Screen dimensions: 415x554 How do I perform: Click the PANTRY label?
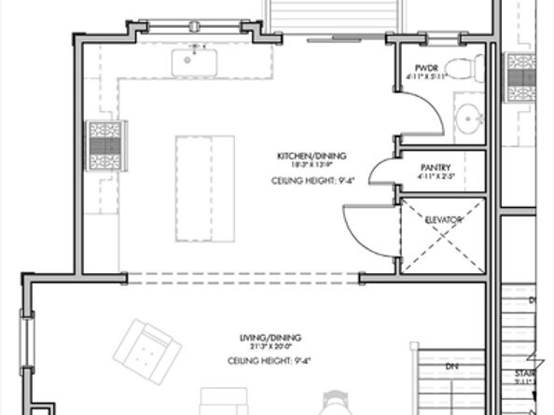pyautogui.click(x=436, y=167)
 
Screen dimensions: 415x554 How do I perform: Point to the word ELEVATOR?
pyautogui.click(x=444, y=220)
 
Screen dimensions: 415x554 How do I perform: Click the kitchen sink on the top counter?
pyautogui.click(x=194, y=61)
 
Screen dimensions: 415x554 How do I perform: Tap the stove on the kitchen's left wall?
pyautogui.click(x=103, y=145)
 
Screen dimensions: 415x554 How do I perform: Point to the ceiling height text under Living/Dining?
pyautogui.click(x=263, y=360)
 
